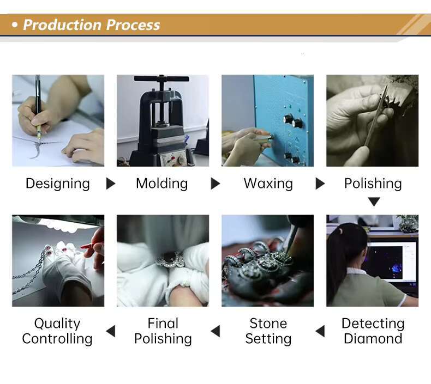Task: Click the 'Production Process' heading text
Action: (91, 25)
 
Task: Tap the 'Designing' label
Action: (58, 184)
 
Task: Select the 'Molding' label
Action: (162, 184)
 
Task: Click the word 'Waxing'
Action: (268, 184)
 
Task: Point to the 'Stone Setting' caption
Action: (268, 331)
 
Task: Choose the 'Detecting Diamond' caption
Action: (373, 331)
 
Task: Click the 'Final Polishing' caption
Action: (163, 331)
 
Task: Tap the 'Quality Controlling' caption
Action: (57, 331)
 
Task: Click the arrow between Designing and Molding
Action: (111, 184)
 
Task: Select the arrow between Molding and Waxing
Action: (215, 184)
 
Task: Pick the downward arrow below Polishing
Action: (374, 202)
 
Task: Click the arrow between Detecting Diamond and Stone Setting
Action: (320, 331)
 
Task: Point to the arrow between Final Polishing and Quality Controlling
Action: (111, 331)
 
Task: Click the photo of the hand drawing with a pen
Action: (58, 120)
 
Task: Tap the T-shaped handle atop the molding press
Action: (161, 79)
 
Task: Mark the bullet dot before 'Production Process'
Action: (15, 25)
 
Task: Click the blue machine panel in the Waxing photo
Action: (284, 120)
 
